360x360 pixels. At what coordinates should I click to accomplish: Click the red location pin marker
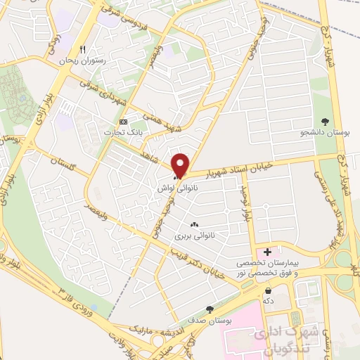(x=181, y=165)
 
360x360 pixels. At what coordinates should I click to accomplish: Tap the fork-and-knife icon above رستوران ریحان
(x=83, y=49)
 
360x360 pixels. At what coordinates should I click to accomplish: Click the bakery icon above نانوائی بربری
(x=194, y=224)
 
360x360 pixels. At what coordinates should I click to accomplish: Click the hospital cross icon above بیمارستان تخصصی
(x=267, y=252)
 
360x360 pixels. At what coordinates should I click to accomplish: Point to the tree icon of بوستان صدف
(x=210, y=309)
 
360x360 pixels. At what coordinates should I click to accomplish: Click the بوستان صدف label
(x=210, y=321)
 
